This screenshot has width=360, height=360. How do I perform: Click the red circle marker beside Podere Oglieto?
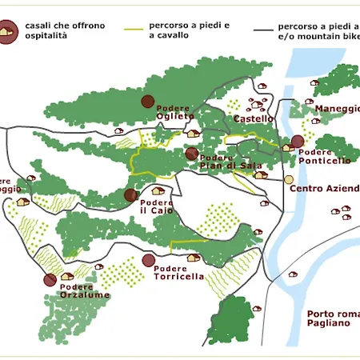pyautogui.click(x=147, y=101)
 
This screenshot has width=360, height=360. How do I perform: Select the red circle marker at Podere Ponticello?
pyautogui.click(x=298, y=142)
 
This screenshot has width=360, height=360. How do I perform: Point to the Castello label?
pyautogui.click(x=254, y=119)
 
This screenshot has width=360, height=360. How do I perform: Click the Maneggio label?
pyautogui.click(x=337, y=109)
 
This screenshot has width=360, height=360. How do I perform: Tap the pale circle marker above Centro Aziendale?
pyautogui.click(x=289, y=180)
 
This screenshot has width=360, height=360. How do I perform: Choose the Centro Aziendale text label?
pyautogui.click(x=323, y=190)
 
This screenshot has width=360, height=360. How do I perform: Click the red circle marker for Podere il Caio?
pyautogui.click(x=131, y=195)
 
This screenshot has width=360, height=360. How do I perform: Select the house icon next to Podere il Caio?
pyautogui.click(x=158, y=191)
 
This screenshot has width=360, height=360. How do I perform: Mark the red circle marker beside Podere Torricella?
pyautogui.click(x=148, y=260)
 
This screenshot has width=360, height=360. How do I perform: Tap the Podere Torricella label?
pyautogui.click(x=179, y=273)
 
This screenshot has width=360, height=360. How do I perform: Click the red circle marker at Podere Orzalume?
pyautogui.click(x=50, y=280)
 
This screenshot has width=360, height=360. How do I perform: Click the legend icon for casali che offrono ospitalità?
pyautogui.click(x=10, y=31)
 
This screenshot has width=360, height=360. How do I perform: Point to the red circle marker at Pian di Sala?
pyautogui.click(x=191, y=154)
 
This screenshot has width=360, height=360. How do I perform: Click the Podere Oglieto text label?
pyautogui.click(x=175, y=112)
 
